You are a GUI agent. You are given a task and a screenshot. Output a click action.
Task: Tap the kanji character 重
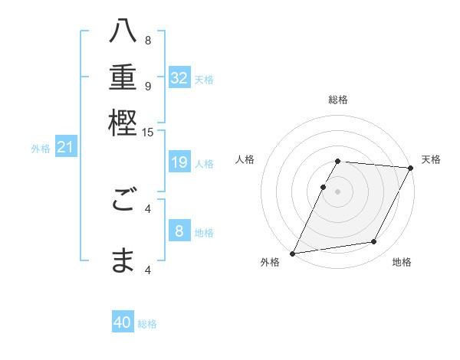[123, 78]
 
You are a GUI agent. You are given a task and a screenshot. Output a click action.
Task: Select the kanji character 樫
[123, 123]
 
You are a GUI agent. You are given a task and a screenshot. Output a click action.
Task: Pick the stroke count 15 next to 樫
[148, 133]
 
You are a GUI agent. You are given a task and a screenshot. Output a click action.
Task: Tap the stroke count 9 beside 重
[148, 86]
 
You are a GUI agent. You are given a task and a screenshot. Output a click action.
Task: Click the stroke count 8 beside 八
[148, 40]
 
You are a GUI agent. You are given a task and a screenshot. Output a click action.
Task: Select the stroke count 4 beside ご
[148, 208]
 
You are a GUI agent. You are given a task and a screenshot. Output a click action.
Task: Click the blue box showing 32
[179, 78]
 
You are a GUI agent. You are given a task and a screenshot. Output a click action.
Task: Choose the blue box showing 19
[179, 162]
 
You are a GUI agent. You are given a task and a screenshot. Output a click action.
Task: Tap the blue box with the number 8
[179, 231]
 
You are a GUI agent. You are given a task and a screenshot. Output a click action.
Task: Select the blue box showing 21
[65, 147]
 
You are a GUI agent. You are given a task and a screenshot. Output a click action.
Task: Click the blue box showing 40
[123, 322]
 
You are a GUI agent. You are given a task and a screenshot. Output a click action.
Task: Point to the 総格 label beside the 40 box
[147, 324]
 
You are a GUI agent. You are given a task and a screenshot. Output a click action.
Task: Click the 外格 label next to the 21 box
[41, 149]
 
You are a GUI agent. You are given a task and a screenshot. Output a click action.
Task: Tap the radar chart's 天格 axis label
[431, 159]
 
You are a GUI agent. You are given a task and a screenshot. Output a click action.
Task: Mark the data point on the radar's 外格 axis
[293, 254]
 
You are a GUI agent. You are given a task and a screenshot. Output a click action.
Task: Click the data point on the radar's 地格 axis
[374, 242]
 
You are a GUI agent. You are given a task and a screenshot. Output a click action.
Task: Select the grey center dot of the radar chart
[338, 191]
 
